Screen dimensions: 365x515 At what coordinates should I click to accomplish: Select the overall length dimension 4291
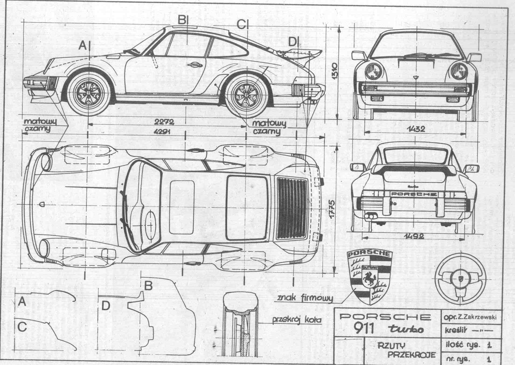tap(163, 132)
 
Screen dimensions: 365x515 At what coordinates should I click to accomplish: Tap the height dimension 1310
tap(334, 71)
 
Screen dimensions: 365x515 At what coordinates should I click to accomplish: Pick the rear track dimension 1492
tap(414, 236)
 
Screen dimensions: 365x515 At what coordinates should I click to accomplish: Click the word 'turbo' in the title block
tap(406, 329)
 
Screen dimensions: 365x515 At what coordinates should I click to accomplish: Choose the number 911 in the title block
tap(364, 328)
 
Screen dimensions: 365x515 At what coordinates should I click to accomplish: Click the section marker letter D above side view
tap(293, 42)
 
